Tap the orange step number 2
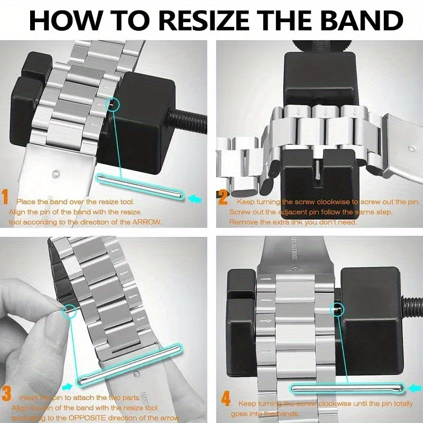(x=223, y=199)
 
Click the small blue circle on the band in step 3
(x=69, y=310)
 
